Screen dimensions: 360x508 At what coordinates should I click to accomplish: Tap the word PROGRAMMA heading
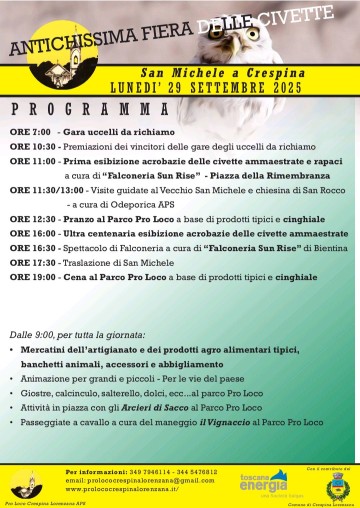click(x=89, y=107)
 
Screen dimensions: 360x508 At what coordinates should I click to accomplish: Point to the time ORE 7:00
click(x=30, y=132)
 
